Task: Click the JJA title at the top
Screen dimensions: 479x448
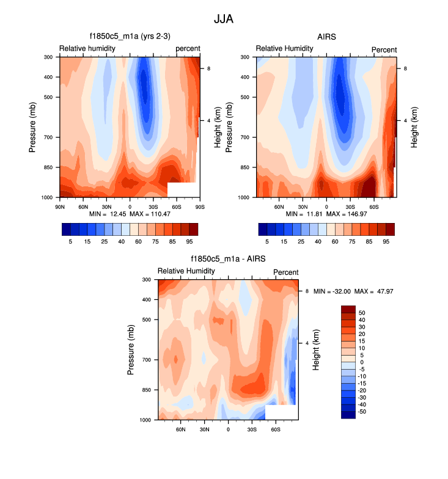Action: (x=224, y=19)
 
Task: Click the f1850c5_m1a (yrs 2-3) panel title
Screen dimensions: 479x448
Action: (x=130, y=37)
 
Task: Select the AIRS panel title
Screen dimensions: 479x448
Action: (x=326, y=37)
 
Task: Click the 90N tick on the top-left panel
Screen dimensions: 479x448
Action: (x=60, y=207)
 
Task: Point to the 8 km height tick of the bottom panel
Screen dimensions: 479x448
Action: (x=307, y=291)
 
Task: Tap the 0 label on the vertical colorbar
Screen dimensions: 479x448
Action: (x=362, y=362)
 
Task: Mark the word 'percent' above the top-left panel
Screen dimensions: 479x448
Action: (x=188, y=49)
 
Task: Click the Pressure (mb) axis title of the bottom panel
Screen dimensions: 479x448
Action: (x=131, y=350)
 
